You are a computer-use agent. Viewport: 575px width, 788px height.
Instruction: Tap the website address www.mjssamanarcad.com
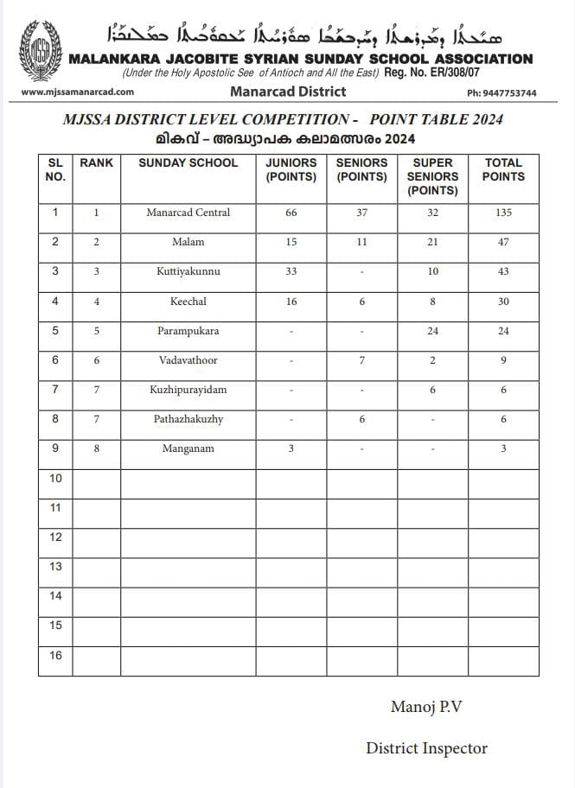(77, 92)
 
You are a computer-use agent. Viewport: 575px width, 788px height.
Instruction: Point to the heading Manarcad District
(288, 92)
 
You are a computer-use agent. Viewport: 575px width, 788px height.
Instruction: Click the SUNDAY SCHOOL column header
(188, 162)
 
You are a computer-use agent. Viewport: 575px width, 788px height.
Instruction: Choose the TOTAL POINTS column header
(503, 169)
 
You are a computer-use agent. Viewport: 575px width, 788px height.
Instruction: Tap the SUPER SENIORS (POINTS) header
(432, 176)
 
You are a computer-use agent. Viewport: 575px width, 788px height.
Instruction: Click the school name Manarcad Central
(188, 213)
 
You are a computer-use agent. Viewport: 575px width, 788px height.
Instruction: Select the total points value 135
(503, 213)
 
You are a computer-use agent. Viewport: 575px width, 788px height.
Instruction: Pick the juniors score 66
(291, 213)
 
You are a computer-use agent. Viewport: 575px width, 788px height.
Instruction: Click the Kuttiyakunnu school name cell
(188, 271)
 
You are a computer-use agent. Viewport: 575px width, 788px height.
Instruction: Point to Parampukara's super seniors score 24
(432, 331)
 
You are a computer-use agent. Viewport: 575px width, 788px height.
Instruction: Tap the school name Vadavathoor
(188, 360)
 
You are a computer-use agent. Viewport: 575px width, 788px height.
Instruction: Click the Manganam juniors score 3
(291, 449)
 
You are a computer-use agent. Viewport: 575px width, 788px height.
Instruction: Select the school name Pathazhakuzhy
(188, 419)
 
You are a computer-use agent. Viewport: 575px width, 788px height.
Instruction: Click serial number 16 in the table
(55, 655)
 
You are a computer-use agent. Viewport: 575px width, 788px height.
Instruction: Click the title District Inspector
(426, 748)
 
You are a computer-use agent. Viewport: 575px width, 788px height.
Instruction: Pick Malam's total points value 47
(503, 242)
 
